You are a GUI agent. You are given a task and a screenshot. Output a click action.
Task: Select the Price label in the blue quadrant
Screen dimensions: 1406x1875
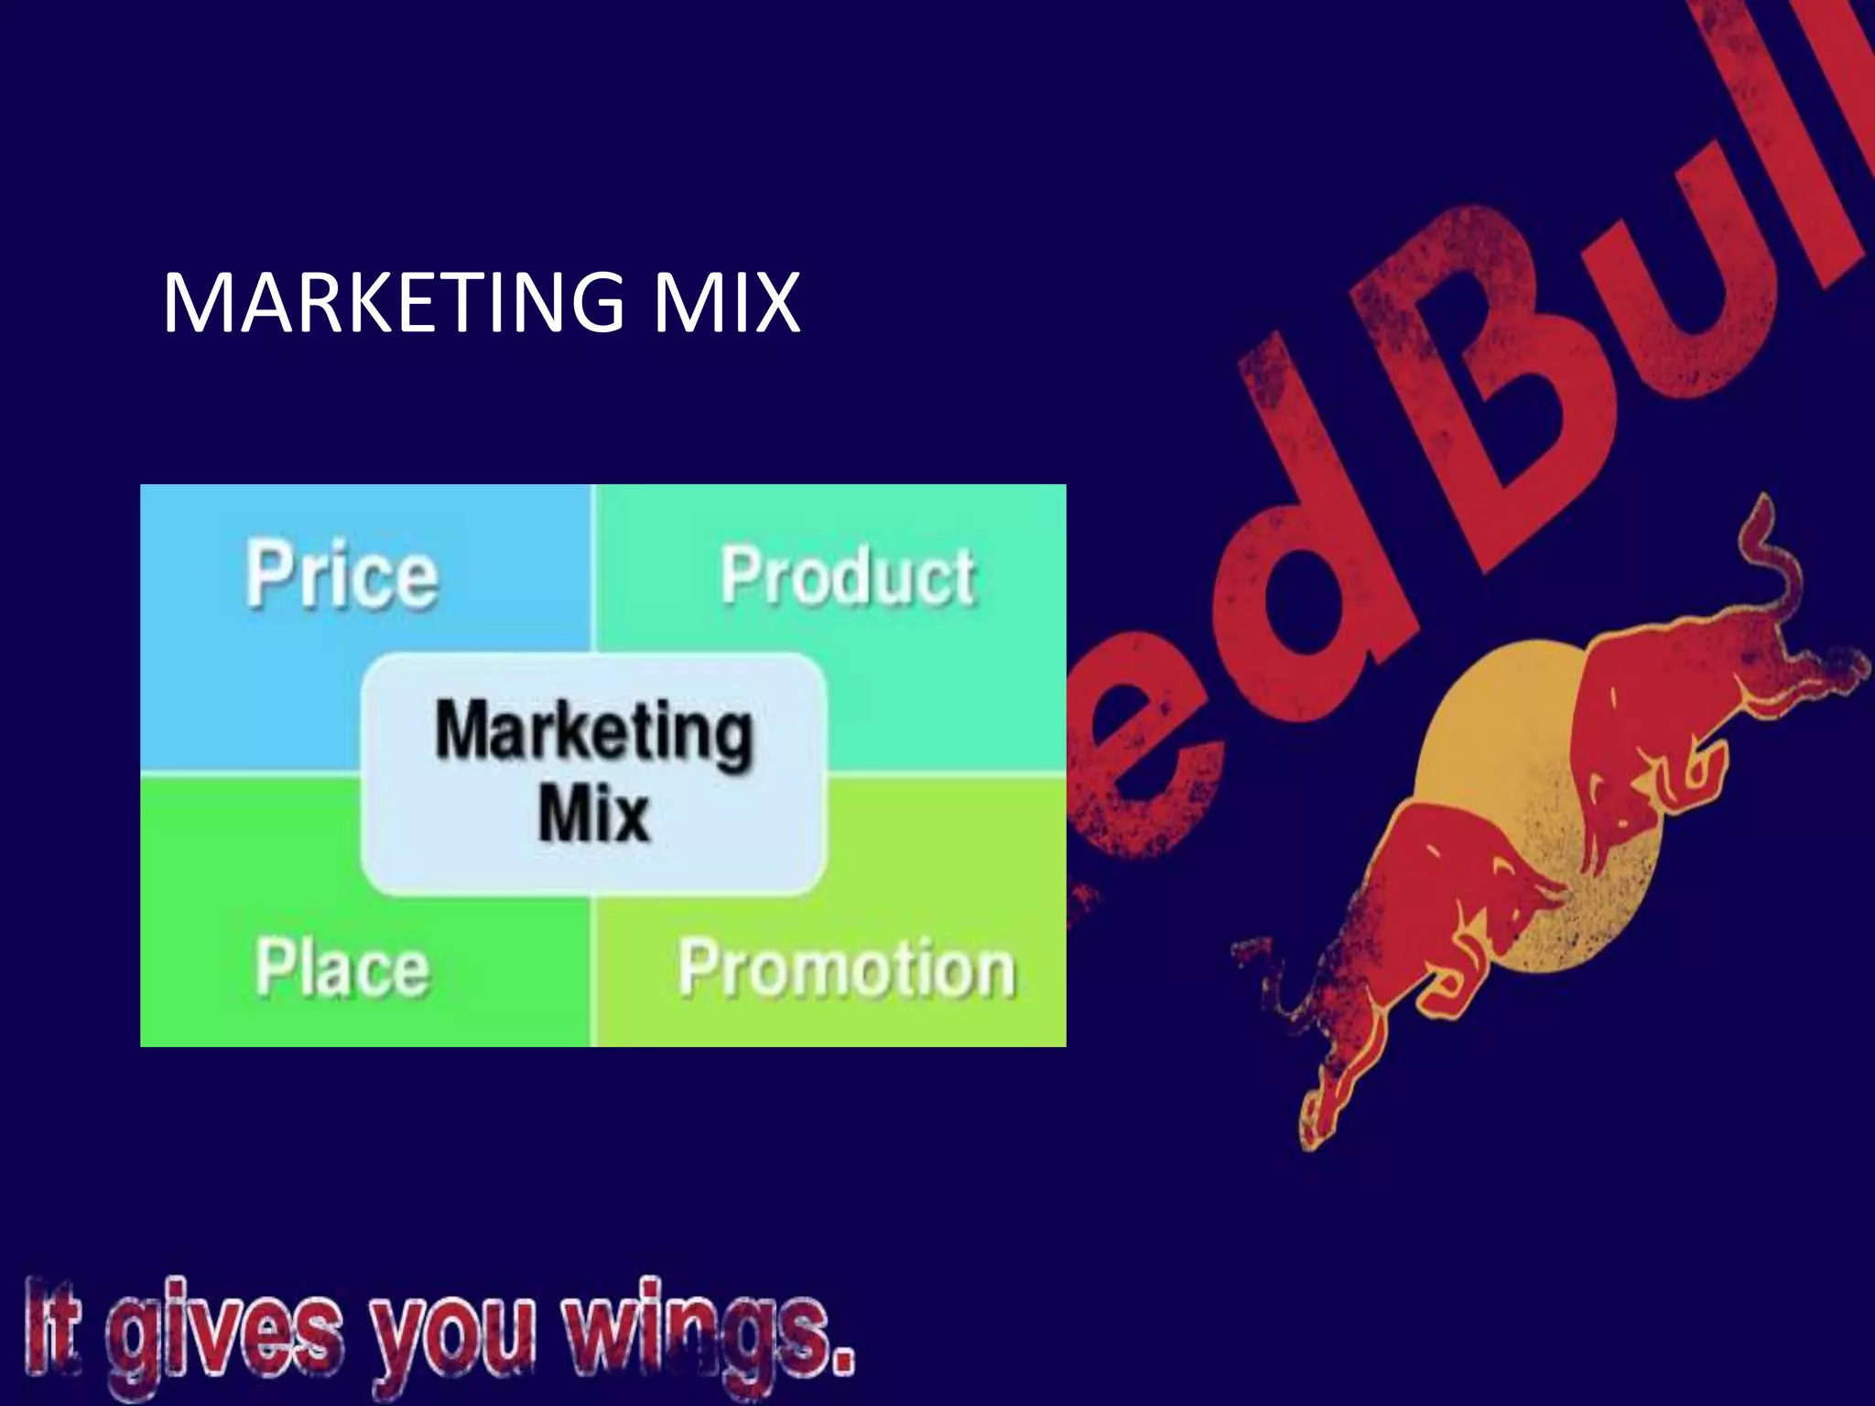(341, 575)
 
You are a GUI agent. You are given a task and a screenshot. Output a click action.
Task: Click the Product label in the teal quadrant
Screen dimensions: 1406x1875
(848, 577)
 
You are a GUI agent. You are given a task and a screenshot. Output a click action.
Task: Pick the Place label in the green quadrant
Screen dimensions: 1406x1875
(341, 968)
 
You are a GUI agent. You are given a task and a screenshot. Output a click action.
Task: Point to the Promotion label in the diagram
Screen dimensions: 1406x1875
(847, 968)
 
